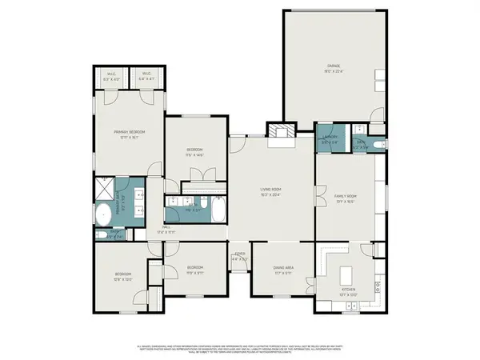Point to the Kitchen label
click(348, 291)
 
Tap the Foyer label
click(238, 258)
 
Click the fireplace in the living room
click(278, 132)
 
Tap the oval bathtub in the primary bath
click(104, 214)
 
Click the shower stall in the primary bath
click(105, 189)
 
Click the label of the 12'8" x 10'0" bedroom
click(122, 276)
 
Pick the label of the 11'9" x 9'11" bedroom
click(194, 269)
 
